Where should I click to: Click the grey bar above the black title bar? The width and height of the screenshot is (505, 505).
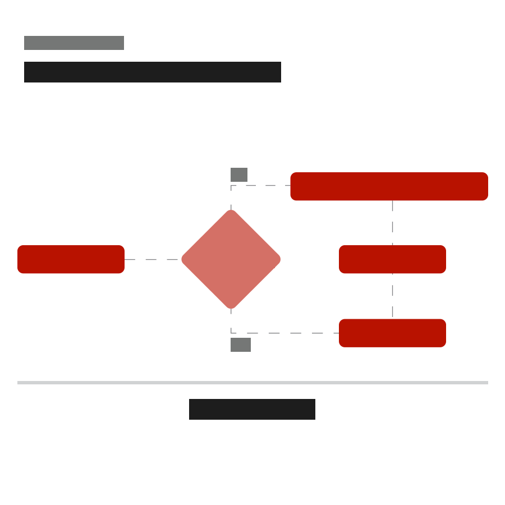click(74, 43)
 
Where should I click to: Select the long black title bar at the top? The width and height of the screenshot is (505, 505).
click(153, 72)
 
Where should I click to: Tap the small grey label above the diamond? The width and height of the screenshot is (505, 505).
click(239, 175)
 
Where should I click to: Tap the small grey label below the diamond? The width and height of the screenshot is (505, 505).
click(241, 345)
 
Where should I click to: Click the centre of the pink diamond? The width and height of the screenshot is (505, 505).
click(231, 259)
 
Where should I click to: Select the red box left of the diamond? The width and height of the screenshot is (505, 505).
click(71, 259)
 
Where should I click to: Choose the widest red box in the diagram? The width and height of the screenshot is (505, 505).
click(389, 186)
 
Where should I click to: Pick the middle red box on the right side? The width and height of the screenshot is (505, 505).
click(392, 259)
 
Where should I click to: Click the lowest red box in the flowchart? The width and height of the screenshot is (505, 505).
click(392, 333)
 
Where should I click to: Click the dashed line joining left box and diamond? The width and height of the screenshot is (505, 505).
click(151, 259)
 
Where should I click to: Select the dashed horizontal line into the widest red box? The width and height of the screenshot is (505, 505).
click(261, 185)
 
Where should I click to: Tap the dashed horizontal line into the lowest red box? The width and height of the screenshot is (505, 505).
click(286, 333)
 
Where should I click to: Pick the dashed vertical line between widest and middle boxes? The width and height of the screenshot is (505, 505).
click(392, 223)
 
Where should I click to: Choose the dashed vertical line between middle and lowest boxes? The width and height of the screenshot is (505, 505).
click(392, 296)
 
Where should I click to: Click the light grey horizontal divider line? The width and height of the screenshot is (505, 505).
click(252, 383)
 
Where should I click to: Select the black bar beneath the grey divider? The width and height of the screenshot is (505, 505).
click(252, 409)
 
